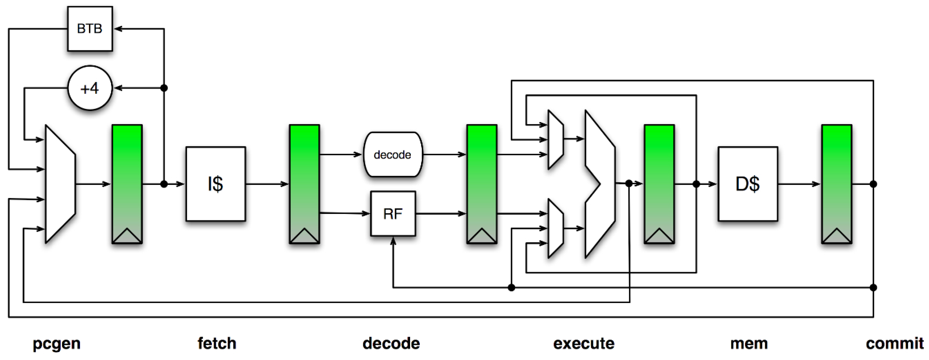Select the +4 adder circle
click(x=90, y=88)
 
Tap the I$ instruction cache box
click(x=216, y=184)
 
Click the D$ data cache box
click(x=748, y=184)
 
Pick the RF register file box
click(x=393, y=214)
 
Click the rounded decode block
click(x=393, y=155)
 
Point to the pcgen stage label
click(x=57, y=343)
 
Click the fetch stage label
click(x=217, y=343)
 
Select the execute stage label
click(x=584, y=343)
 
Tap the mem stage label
click(x=749, y=343)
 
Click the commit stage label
click(x=894, y=343)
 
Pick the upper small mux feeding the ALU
click(x=555, y=140)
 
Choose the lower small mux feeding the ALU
click(x=555, y=228)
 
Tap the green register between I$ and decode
click(x=304, y=184)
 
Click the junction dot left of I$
click(x=164, y=184)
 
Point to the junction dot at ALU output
click(x=629, y=184)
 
